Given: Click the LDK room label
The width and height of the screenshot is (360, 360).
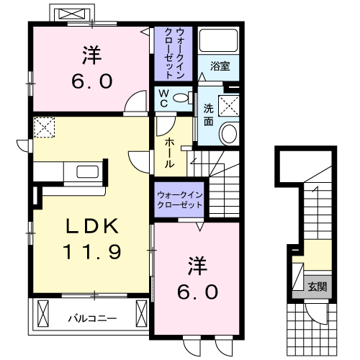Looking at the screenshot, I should (x=93, y=225).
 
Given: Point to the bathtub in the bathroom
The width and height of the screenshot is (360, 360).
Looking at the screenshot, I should (x=219, y=42).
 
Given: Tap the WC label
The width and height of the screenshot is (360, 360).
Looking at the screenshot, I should (x=163, y=98).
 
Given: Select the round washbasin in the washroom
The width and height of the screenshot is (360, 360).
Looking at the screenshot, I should (x=230, y=132).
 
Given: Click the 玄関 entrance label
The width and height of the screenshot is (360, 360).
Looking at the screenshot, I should (x=317, y=287).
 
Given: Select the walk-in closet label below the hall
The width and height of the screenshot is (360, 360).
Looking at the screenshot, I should (x=179, y=198).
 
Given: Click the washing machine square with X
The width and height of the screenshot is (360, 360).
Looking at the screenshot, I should (x=231, y=104).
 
